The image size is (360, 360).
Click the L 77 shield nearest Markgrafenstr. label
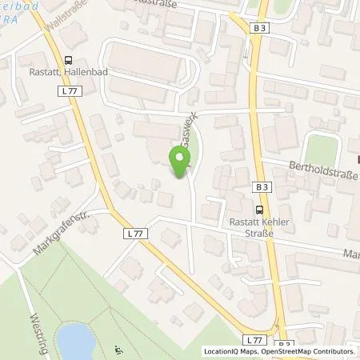[134, 232]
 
